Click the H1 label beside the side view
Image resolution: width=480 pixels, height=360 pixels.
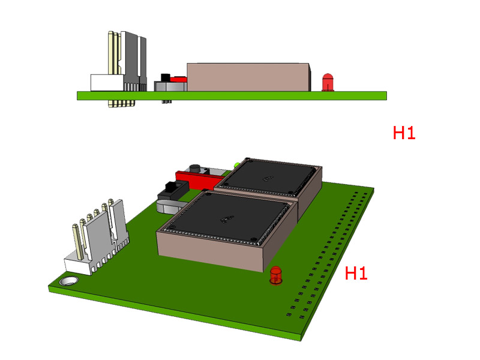click(x=404, y=133)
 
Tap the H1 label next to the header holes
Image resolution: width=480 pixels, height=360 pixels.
click(x=356, y=274)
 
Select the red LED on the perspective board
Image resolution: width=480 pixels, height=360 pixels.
click(x=276, y=275)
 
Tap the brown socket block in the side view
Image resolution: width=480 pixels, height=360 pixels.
click(x=248, y=77)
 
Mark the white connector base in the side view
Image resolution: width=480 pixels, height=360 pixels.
click(x=106, y=83)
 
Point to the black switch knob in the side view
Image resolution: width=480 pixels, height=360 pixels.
click(x=164, y=77)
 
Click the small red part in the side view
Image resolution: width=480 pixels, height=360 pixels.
click(x=178, y=78)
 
